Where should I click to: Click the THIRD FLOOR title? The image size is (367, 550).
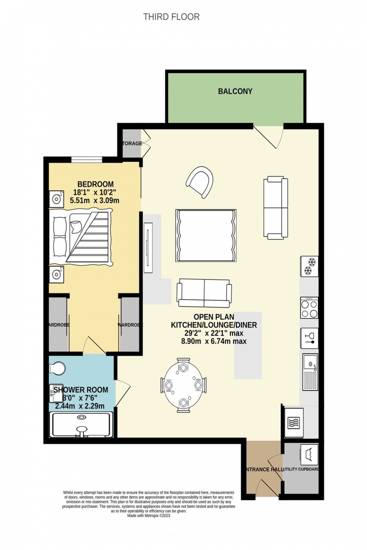click(x=172, y=17)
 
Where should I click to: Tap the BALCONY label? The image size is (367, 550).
click(x=235, y=91)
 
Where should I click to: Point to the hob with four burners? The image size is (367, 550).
click(x=309, y=307)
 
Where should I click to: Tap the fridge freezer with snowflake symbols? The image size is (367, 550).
click(x=309, y=266)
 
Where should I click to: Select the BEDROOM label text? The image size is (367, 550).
click(x=95, y=184)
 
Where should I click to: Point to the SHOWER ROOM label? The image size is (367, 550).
click(x=81, y=390)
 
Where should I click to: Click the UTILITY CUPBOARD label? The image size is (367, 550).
click(x=301, y=469)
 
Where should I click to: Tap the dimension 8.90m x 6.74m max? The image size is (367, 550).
click(x=214, y=341)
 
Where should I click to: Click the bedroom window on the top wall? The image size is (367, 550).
click(x=87, y=160)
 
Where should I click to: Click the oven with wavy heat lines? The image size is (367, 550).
click(x=294, y=422)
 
